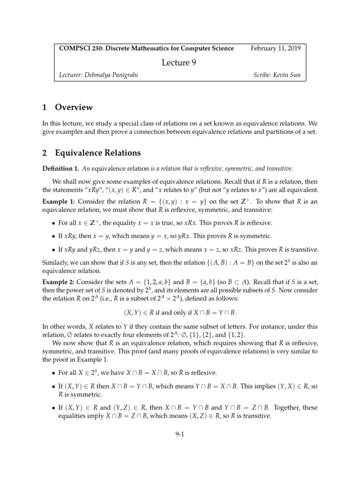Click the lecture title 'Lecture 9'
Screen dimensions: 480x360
pyautogui.click(x=180, y=62)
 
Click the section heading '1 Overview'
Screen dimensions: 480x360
pyautogui.click(x=67, y=107)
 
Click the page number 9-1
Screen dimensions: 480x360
pyautogui.click(x=180, y=434)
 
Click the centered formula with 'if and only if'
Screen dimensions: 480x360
pyautogui.click(x=180, y=312)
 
